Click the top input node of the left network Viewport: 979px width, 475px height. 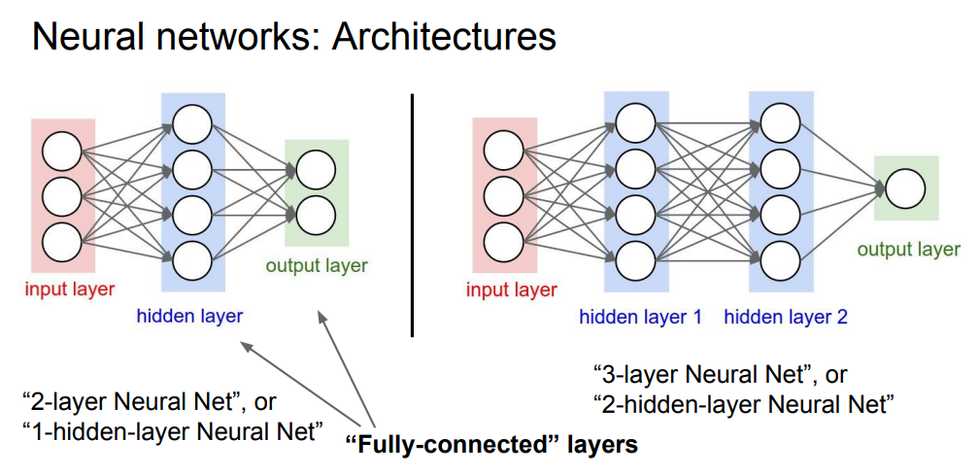coord(63,151)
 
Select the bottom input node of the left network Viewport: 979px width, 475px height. coord(63,238)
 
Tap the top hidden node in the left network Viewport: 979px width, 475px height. coord(192,122)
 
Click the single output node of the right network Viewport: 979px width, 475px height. coord(904,187)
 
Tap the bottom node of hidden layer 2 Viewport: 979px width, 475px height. coord(781,259)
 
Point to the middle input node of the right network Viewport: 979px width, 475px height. coord(504,194)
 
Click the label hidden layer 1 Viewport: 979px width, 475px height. coord(640,317)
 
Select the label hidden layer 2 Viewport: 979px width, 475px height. coord(786,317)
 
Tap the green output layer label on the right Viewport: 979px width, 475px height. coord(908,250)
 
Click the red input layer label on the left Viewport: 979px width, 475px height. coord(70,288)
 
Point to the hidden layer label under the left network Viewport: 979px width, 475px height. coord(189,315)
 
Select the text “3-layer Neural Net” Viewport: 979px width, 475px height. coord(699,374)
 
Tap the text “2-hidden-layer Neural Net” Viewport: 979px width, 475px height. coord(742,403)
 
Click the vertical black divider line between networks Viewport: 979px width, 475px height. coord(414,214)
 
